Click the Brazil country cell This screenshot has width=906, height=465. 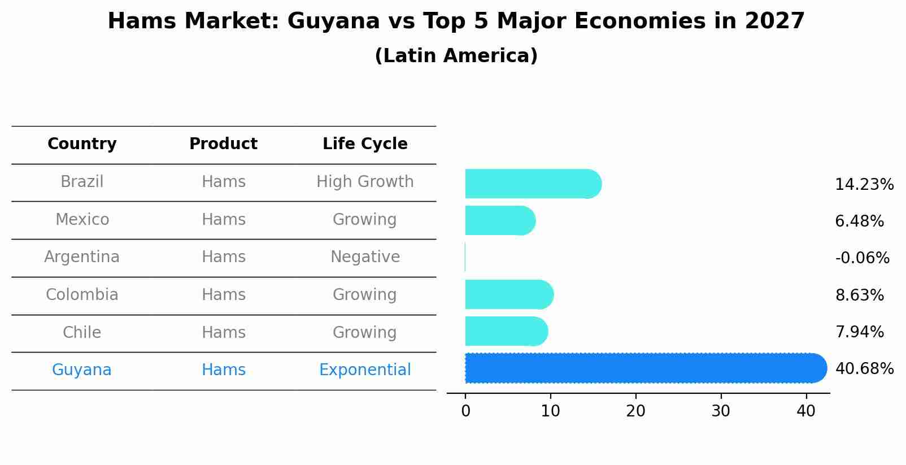(82, 182)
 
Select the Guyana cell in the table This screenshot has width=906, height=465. (82, 370)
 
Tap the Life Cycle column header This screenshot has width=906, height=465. (365, 144)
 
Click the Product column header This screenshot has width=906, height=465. (223, 144)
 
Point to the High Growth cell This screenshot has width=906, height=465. (365, 182)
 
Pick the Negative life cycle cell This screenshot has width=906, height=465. (365, 257)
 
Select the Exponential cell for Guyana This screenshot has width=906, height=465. (365, 370)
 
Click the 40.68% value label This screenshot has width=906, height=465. (864, 369)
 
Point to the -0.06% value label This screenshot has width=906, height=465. (862, 258)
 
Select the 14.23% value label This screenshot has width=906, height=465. (864, 185)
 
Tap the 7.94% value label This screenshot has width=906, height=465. (859, 332)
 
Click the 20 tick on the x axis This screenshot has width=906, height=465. (635, 411)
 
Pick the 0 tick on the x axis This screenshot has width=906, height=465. (465, 411)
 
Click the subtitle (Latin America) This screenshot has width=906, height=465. (456, 56)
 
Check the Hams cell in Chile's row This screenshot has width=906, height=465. (223, 333)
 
